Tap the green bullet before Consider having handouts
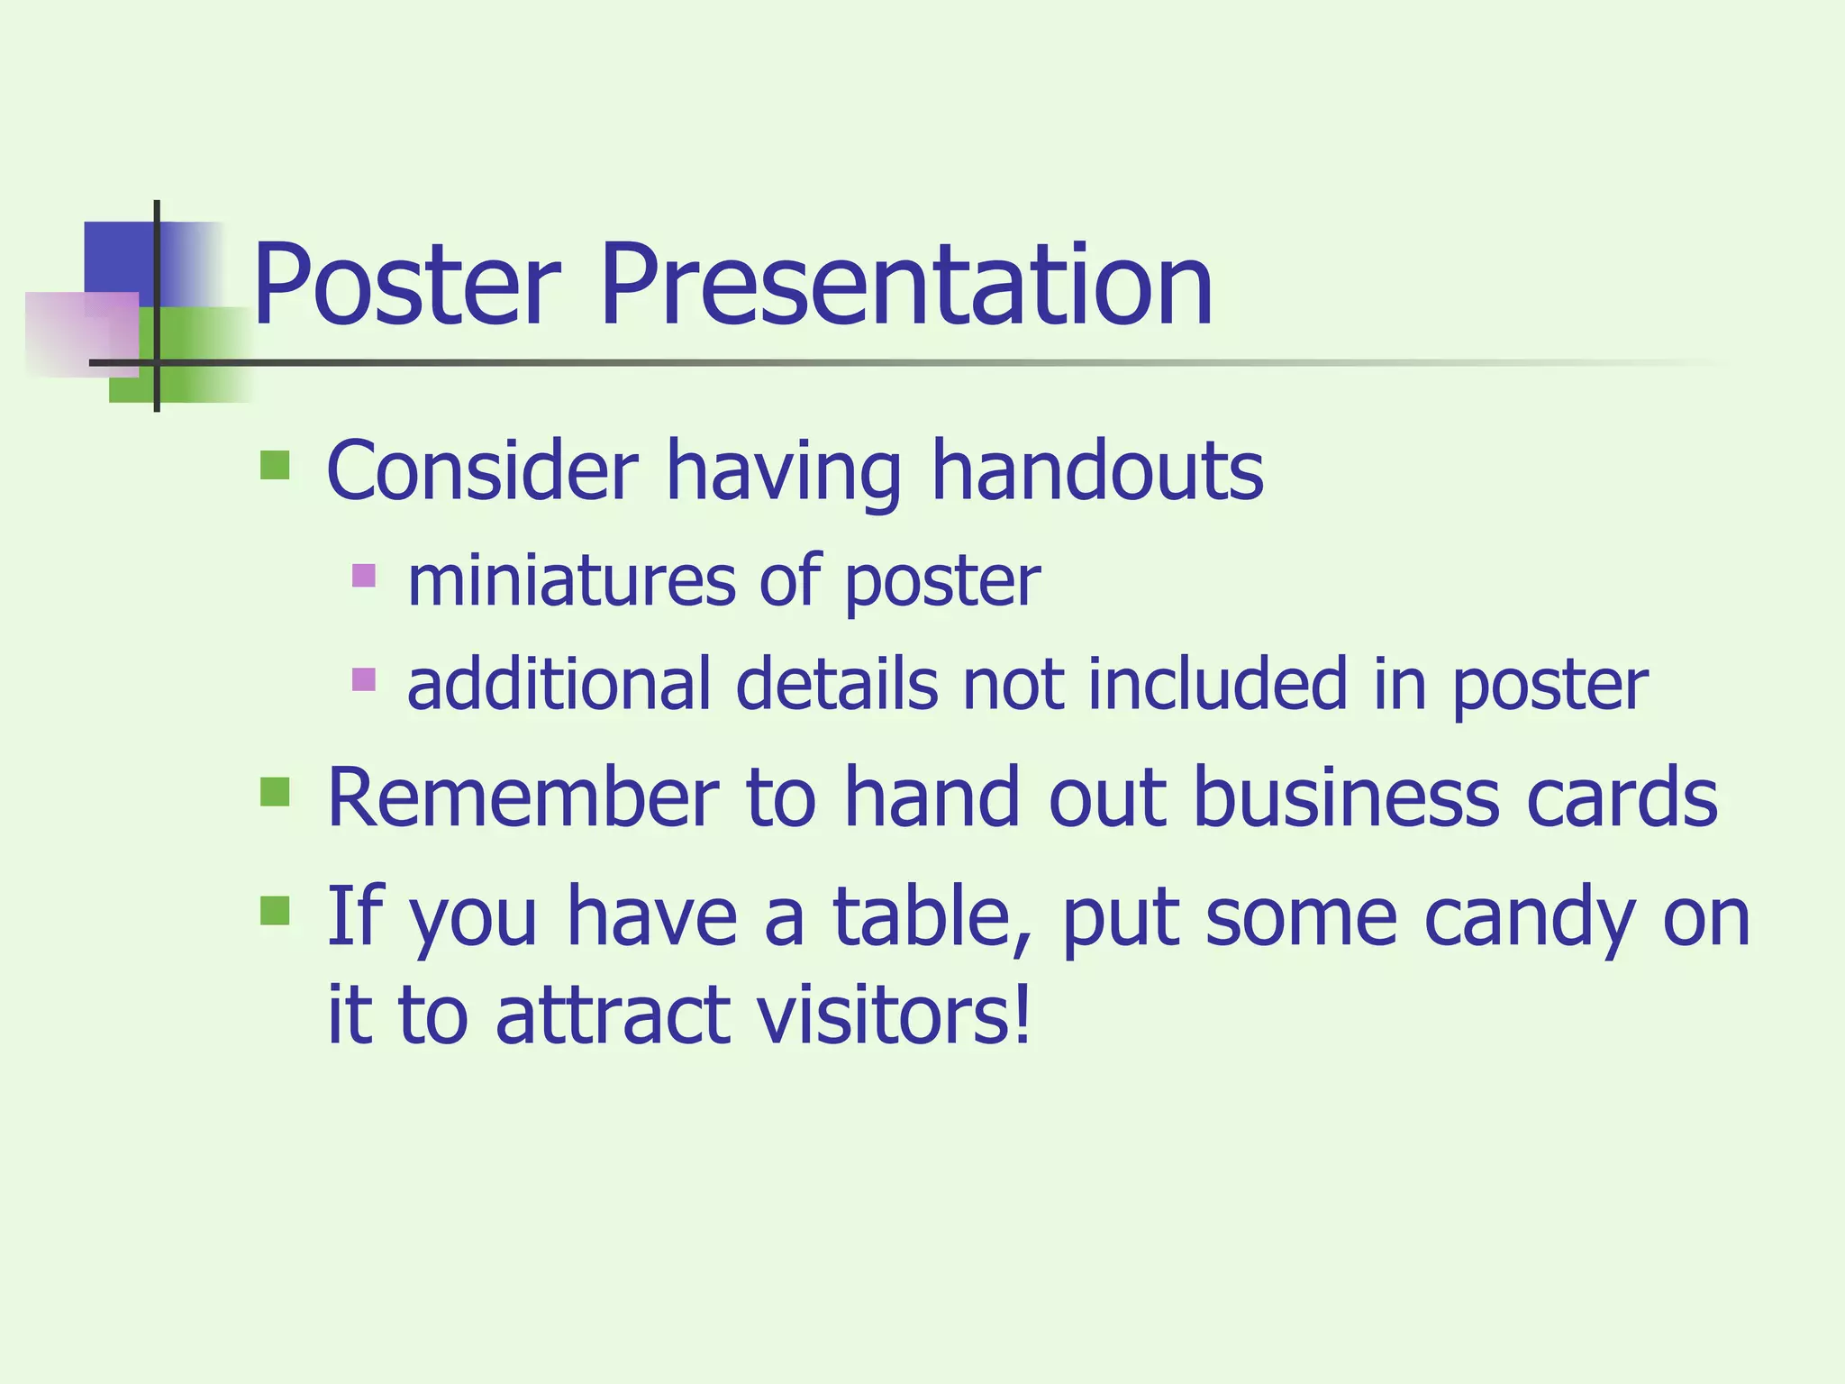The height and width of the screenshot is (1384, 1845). pyautogui.click(x=275, y=466)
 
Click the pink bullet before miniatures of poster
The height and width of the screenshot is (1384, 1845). pyautogui.click(x=363, y=575)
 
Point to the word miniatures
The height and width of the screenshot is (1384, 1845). pyautogui.click(x=571, y=581)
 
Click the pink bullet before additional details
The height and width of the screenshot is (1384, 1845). pyautogui.click(x=363, y=678)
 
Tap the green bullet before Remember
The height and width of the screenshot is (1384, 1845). pyautogui.click(x=275, y=792)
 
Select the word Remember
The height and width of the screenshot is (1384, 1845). pyautogui.click(x=523, y=797)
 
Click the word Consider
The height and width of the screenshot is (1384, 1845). pyautogui.click(x=482, y=470)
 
